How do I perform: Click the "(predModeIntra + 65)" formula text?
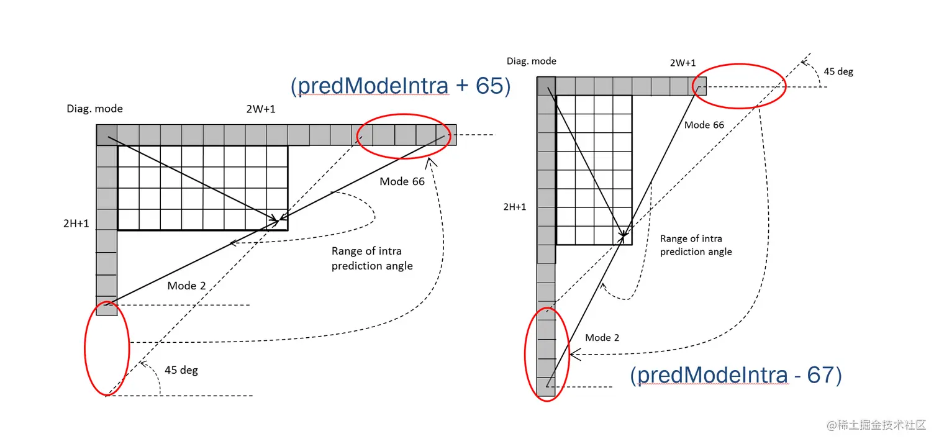[401, 86]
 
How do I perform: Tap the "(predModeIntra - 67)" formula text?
[736, 376]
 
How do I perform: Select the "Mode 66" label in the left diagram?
[402, 181]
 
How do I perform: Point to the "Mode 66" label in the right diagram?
[704, 125]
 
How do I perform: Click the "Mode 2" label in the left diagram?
[186, 286]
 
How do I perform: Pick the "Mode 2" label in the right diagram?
[602, 338]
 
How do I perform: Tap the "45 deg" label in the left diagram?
[181, 370]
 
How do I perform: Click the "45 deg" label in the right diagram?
[838, 71]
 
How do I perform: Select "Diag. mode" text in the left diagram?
[95, 109]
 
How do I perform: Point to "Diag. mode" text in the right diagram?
[532, 61]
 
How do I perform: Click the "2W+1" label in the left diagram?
[260, 109]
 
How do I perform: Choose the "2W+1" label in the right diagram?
[683, 63]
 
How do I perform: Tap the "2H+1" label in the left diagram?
[76, 224]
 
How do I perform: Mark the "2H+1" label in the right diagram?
[515, 207]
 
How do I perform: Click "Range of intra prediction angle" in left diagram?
[371, 258]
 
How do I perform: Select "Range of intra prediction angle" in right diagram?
[696, 245]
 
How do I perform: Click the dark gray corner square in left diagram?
[107, 135]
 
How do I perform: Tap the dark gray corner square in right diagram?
[546, 86]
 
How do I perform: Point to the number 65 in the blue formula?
[489, 86]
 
